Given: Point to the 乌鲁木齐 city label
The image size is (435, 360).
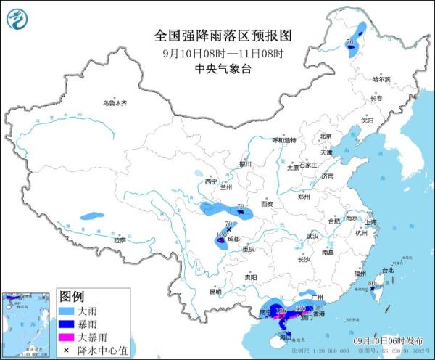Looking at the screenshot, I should point(114,104).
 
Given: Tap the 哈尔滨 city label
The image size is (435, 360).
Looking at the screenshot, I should point(381,79).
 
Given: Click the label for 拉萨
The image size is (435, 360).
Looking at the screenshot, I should point(120,240).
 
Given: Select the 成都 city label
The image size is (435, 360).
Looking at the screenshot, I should point(232,238).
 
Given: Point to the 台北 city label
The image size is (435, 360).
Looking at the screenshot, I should point(386,271).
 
